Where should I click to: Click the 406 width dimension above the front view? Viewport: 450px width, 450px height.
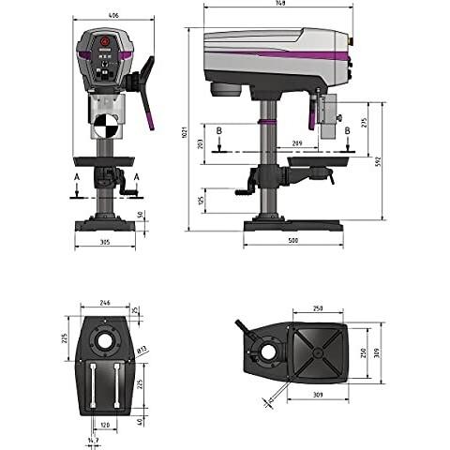pyautogui.click(x=112, y=16)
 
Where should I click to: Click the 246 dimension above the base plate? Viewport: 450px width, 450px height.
pyautogui.click(x=106, y=304)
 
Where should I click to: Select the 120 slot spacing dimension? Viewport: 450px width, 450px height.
pyautogui.click(x=106, y=423)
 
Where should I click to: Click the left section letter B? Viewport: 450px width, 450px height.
pyautogui.click(x=217, y=130)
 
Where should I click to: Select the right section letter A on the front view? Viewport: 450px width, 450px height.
pyautogui.click(x=137, y=176)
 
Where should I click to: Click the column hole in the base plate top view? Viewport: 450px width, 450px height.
pyautogui.click(x=106, y=339)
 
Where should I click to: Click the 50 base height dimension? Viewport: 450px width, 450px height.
pyautogui.click(x=142, y=215)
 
